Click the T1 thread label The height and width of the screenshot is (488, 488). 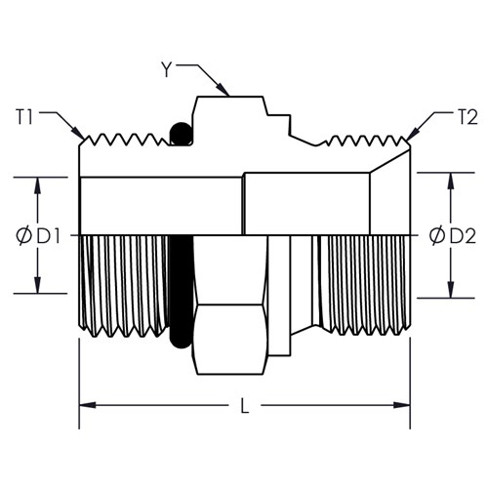[24, 117]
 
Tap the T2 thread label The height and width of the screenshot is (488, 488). [468, 117]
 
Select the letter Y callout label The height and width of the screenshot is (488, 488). [167, 69]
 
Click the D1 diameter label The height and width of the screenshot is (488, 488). [48, 236]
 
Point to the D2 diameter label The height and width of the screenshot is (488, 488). [463, 236]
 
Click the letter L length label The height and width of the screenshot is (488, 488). [245, 406]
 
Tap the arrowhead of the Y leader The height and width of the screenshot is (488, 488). [223, 89]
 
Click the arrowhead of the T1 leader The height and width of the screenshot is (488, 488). [77, 134]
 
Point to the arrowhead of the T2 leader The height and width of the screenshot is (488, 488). [412, 135]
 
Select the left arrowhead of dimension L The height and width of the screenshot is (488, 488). [88, 405]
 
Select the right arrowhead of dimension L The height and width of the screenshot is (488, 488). [402, 405]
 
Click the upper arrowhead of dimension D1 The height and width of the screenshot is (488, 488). [38, 186]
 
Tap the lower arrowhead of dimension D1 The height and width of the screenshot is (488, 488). [38, 285]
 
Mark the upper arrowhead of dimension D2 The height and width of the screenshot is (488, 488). [451, 182]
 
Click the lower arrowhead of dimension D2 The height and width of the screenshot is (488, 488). [451, 290]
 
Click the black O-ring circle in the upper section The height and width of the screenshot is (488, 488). [182, 134]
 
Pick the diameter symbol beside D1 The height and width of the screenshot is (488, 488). [23, 236]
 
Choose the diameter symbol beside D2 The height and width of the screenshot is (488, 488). [437, 236]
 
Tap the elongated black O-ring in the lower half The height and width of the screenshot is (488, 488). [182, 291]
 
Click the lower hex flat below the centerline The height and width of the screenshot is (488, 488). [229, 340]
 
